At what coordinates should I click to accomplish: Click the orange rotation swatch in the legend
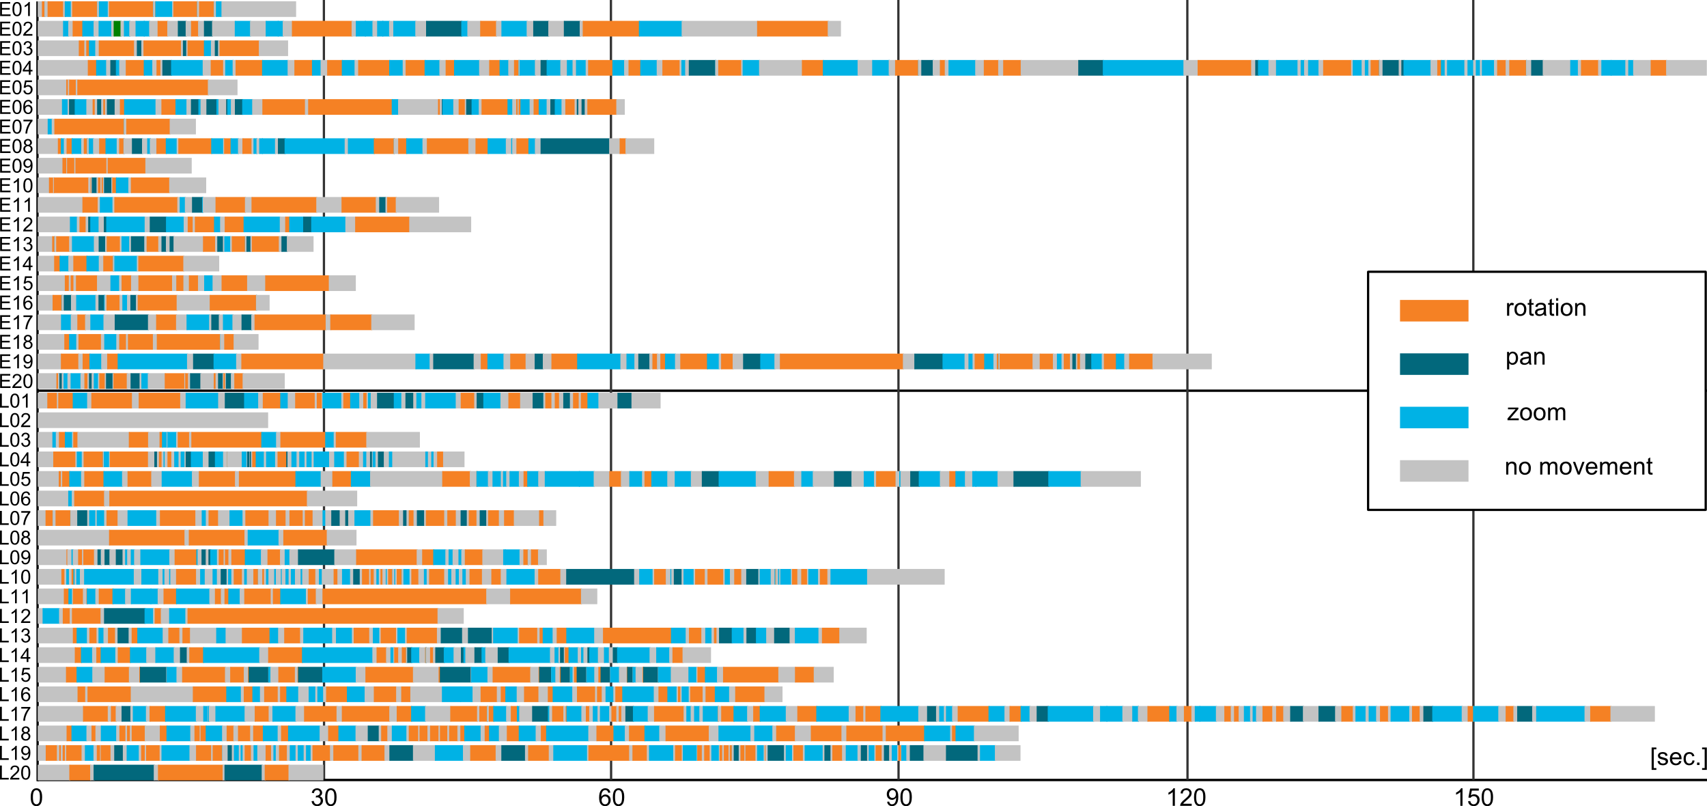point(1433,310)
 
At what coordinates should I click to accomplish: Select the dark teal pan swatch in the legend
point(1433,364)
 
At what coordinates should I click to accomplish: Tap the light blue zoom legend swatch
point(1433,417)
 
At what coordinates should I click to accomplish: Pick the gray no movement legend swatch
point(1433,471)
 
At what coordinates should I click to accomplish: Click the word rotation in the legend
point(1545,308)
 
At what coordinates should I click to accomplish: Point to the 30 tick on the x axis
point(324,797)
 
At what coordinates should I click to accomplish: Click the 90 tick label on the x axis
point(899,797)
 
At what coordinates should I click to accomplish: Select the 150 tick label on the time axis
point(1473,797)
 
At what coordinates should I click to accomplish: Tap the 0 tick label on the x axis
point(36,797)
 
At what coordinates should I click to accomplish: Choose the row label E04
point(16,68)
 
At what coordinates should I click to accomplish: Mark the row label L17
point(16,714)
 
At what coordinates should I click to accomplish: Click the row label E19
point(16,362)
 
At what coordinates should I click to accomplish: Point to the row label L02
point(16,421)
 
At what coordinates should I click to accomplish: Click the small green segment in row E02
point(117,29)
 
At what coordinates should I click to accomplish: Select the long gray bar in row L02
point(153,420)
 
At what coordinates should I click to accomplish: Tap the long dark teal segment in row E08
point(574,146)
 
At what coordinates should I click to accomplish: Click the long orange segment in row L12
point(312,616)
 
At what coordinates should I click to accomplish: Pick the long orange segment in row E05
point(142,87)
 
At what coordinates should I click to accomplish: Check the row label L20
point(16,773)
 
